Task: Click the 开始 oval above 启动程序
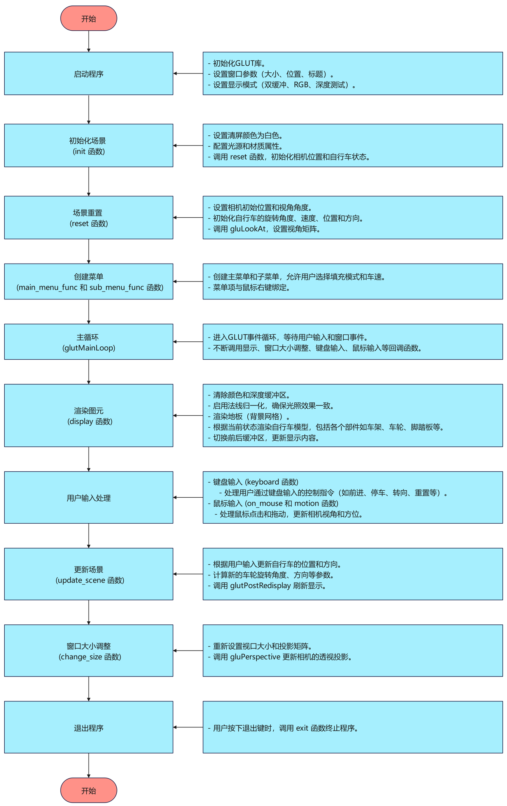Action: pyautogui.click(x=89, y=18)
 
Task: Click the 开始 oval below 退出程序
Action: pyautogui.click(x=89, y=790)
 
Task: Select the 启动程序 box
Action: pyautogui.click(x=89, y=73)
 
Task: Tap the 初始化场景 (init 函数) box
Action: pyautogui.click(x=89, y=145)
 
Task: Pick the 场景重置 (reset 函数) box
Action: pyautogui.click(x=89, y=218)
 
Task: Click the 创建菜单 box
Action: pyautogui.click(x=89, y=281)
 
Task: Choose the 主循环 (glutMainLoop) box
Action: pyautogui.click(x=89, y=342)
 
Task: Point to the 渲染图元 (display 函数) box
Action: pyautogui.click(x=89, y=416)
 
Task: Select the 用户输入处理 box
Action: pyautogui.click(x=89, y=498)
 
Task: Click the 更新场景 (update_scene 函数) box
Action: pyautogui.click(x=89, y=574)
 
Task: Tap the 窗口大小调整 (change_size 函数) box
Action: pyautogui.click(x=89, y=651)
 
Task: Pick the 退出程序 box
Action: pyautogui.click(x=89, y=727)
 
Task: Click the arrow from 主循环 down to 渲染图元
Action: pyautogui.click(x=89, y=372)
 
